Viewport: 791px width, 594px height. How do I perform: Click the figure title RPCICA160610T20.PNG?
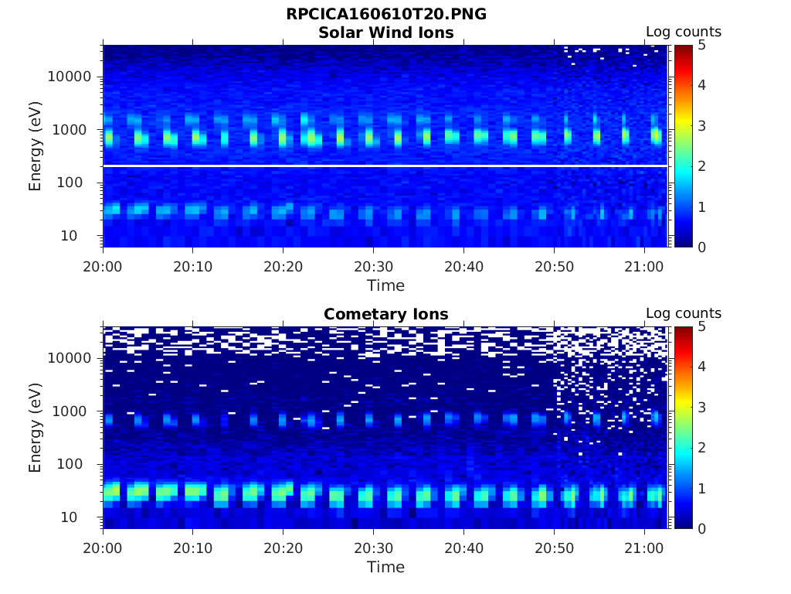(x=385, y=15)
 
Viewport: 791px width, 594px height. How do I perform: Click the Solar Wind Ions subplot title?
(x=385, y=32)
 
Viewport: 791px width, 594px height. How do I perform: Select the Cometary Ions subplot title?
(x=385, y=314)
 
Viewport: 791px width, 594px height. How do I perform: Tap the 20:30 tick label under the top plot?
(x=373, y=266)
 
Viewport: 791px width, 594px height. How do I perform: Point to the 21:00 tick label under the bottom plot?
(x=644, y=548)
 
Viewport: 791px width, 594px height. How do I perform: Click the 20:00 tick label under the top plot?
(x=103, y=266)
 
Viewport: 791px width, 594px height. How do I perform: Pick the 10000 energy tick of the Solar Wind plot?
(x=70, y=77)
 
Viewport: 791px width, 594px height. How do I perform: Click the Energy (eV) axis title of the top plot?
(x=36, y=146)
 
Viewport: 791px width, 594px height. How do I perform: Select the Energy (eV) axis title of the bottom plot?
(x=36, y=428)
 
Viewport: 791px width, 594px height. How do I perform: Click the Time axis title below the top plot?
(x=385, y=285)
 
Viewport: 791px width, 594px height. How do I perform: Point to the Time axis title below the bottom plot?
(x=385, y=567)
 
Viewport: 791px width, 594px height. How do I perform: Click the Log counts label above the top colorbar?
(x=683, y=32)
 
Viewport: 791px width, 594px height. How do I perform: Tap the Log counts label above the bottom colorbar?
(x=683, y=314)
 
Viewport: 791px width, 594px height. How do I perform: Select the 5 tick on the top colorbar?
(x=701, y=45)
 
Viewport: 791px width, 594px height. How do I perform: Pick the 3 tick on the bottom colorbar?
(x=701, y=407)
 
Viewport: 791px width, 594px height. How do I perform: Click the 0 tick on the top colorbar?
(x=701, y=247)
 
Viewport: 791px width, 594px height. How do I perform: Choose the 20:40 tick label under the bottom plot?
(x=463, y=548)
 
